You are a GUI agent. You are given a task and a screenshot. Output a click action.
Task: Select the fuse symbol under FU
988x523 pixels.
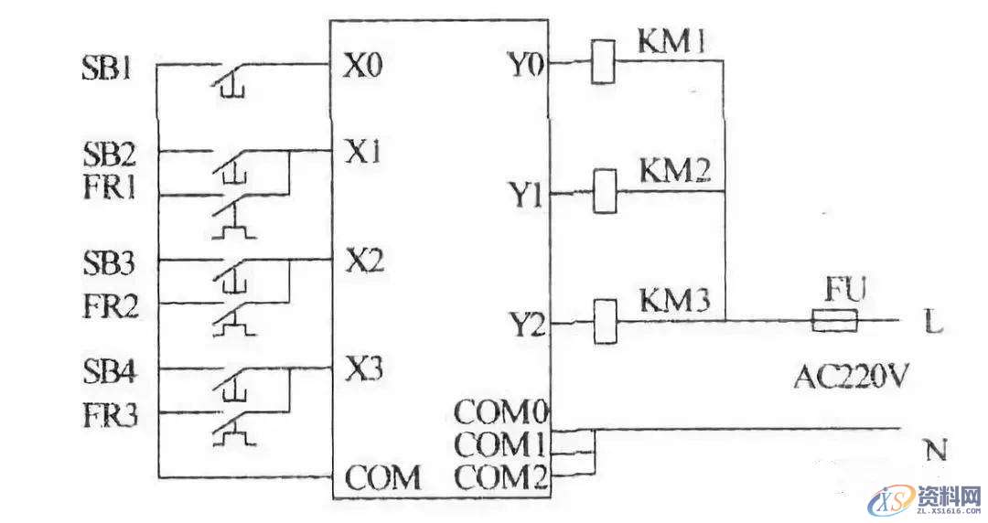834,321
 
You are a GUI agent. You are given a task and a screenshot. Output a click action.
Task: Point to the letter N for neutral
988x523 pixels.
935,450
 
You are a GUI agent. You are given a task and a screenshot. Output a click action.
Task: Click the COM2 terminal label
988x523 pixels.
500,476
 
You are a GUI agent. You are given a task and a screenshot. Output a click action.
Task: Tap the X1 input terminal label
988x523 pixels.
363,150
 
